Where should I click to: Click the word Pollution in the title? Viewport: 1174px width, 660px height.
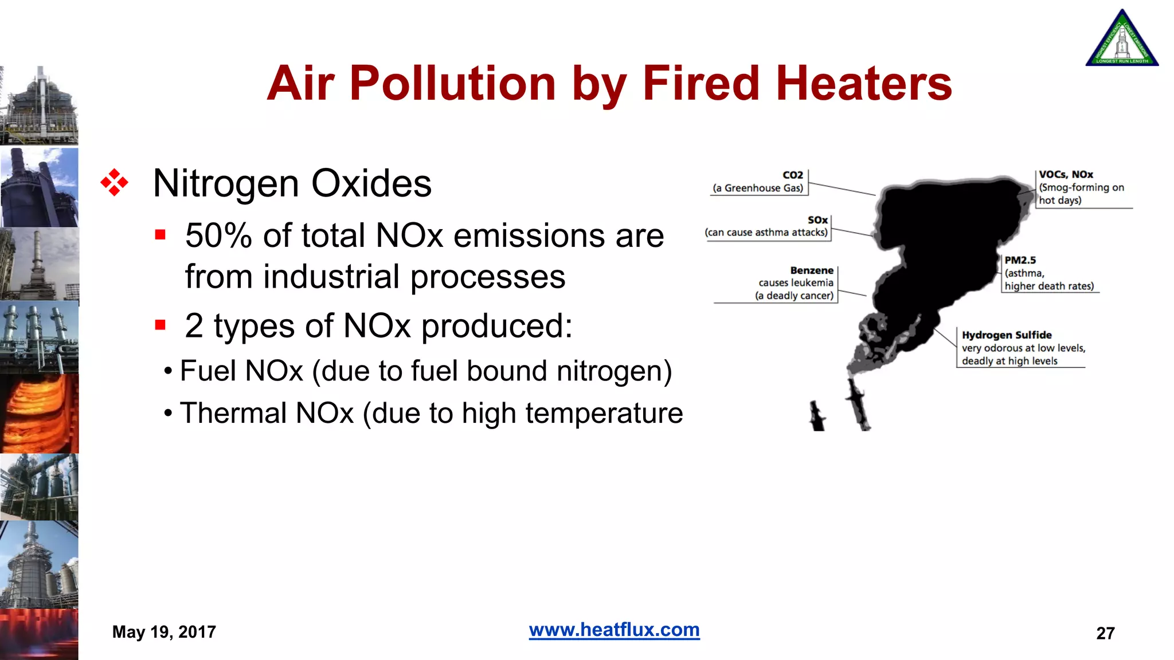point(453,84)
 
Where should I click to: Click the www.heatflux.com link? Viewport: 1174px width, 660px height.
point(614,630)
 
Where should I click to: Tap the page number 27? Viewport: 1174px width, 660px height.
point(1105,633)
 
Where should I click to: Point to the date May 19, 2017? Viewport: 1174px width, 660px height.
point(164,632)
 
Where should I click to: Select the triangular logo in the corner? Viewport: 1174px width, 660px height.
point(1122,39)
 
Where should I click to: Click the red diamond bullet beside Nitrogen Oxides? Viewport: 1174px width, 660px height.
point(114,183)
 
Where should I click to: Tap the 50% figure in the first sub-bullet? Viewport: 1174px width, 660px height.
point(218,235)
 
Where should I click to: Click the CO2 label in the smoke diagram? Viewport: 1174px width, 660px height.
point(793,175)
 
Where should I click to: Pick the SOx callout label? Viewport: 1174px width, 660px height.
point(818,220)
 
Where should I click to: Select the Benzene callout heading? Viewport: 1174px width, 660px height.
point(812,270)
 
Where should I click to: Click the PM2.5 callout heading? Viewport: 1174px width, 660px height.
point(1020,260)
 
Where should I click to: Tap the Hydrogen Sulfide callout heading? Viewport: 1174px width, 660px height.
point(1007,335)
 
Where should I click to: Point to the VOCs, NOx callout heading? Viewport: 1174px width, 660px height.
point(1066,174)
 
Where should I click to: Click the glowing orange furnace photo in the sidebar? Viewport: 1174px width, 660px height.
point(39,413)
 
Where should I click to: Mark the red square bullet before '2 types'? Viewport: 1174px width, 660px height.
point(160,325)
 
